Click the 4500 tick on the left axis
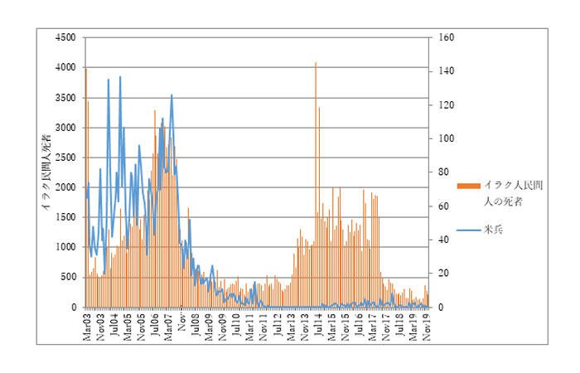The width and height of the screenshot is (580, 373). click(66, 37)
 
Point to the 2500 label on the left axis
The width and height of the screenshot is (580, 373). click(66, 157)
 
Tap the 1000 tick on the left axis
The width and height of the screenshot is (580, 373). click(66, 247)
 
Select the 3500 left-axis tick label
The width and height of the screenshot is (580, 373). click(66, 98)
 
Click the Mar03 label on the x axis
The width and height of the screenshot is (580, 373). click(87, 322)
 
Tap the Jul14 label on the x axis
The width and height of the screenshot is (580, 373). click(317, 321)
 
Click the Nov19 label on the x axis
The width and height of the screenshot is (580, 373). click(426, 322)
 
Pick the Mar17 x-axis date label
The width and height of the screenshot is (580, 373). click(372, 322)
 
